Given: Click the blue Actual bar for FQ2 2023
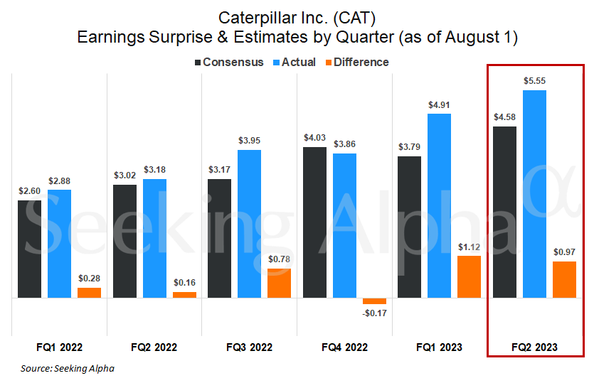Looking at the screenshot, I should pyautogui.click(x=534, y=193).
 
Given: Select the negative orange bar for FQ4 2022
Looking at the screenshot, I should pyautogui.click(x=374, y=301).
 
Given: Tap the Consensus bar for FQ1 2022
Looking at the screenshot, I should pyautogui.click(x=30, y=249).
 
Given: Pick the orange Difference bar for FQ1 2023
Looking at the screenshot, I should pyautogui.click(x=469, y=276).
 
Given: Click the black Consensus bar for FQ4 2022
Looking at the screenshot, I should pyautogui.click(x=314, y=222).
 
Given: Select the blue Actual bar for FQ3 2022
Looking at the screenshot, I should pyautogui.click(x=249, y=224).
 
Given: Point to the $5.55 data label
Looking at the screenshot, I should pyautogui.click(x=534, y=81).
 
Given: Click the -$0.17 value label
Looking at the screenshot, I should pyautogui.click(x=374, y=313).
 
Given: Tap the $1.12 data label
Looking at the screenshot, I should pyautogui.click(x=469, y=247).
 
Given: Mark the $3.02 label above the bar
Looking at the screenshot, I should pyautogui.click(x=124, y=176).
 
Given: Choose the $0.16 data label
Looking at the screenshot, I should pyautogui.click(x=184, y=283).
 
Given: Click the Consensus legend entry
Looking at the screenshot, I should pyautogui.click(x=228, y=62).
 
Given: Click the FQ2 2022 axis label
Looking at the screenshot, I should pyautogui.click(x=154, y=347).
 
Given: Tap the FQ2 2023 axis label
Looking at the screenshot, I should pyautogui.click(x=534, y=347).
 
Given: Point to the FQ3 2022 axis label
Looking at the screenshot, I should pyautogui.click(x=249, y=347).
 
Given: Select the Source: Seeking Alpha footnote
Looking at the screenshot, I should pyautogui.click(x=68, y=368).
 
